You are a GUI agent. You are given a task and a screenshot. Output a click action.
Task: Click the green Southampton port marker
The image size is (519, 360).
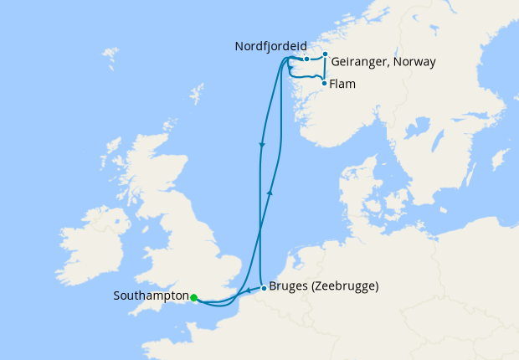(x=193, y=297)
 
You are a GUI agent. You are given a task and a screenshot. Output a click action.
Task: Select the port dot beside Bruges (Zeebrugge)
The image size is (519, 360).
(x=264, y=288)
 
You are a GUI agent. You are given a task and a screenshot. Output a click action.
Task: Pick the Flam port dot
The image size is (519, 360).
(x=324, y=83)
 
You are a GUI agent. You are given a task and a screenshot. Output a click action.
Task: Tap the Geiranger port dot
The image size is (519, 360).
(x=325, y=54)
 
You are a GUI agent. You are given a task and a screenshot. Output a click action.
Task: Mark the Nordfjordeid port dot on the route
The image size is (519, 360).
(x=307, y=59)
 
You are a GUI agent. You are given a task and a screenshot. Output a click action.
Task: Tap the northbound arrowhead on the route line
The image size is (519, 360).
(x=270, y=192)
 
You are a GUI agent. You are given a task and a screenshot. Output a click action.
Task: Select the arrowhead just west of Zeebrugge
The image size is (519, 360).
(x=249, y=292)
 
